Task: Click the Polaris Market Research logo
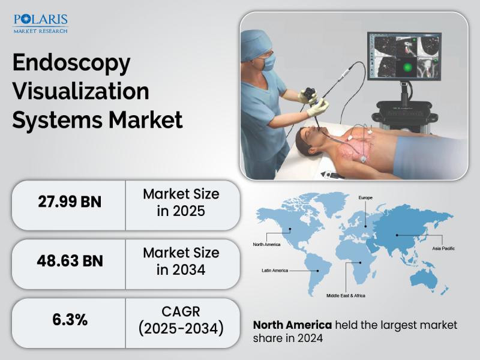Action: tap(40, 23)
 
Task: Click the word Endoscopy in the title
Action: tap(71, 63)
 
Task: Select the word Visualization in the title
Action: tap(81, 91)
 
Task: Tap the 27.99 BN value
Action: tap(70, 202)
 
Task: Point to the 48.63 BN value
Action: tap(70, 261)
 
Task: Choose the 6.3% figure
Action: tap(70, 320)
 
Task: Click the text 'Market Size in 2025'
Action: tap(181, 202)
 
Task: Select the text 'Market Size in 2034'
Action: tap(181, 261)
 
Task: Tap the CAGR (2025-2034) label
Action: tap(181, 320)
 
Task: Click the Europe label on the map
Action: tap(365, 198)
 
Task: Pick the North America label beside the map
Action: tap(266, 244)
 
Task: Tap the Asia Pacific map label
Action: tap(443, 248)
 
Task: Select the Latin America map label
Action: tap(275, 271)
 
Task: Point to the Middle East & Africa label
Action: tap(346, 296)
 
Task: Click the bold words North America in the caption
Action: tap(292, 325)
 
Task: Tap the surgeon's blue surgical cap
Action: tap(255, 44)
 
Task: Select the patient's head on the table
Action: tap(310, 140)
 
